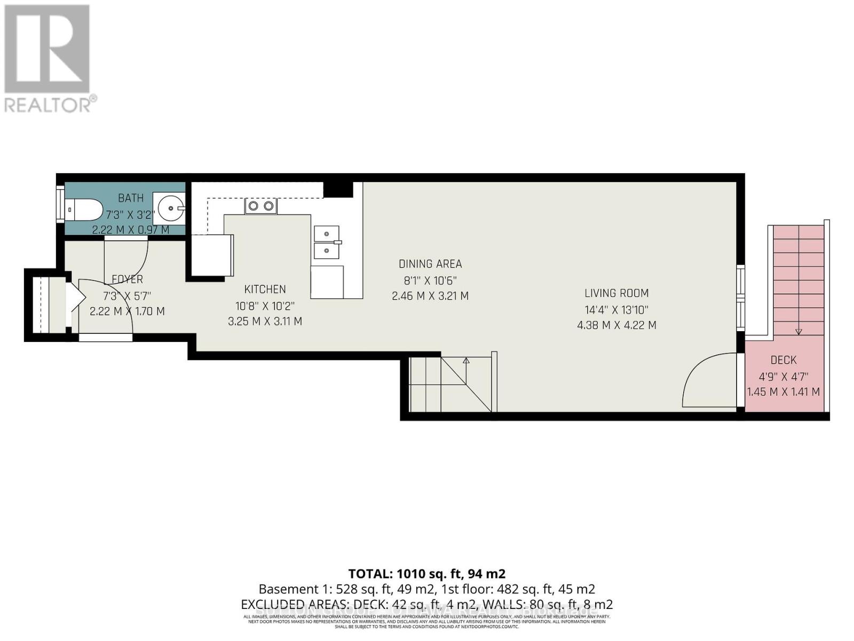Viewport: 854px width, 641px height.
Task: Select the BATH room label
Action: click(x=131, y=198)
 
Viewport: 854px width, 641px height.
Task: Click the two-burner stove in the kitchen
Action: click(x=261, y=206)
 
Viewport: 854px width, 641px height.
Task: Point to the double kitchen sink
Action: click(x=326, y=243)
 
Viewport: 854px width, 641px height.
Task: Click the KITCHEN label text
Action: click(x=265, y=289)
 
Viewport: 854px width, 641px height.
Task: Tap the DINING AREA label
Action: click(x=430, y=264)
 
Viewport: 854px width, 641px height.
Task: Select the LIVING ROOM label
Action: click(x=616, y=293)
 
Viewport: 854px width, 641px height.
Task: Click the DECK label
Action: click(x=784, y=361)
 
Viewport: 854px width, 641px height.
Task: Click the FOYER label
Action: click(x=127, y=279)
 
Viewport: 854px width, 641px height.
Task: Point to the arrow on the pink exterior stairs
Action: click(x=798, y=331)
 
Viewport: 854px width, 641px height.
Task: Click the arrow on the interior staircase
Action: click(x=466, y=361)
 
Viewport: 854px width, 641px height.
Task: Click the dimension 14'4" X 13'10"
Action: click(x=616, y=309)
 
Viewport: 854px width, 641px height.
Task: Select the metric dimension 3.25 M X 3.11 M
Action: click(x=265, y=322)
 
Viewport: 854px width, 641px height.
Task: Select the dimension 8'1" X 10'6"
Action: click(x=430, y=280)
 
